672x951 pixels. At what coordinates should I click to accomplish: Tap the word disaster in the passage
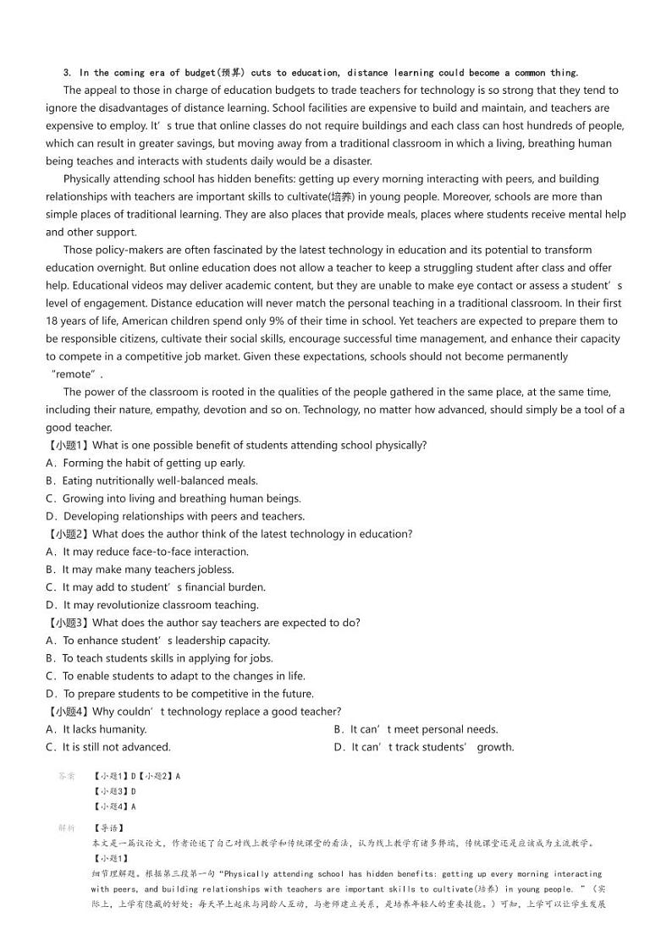350,161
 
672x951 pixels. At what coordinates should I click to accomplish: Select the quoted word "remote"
76,374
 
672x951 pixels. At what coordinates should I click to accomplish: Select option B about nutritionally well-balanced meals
152,481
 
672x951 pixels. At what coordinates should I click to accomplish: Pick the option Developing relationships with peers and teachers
175,516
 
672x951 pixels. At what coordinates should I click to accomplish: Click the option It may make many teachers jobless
140,569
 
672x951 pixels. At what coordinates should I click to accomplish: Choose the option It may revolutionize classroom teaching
152,605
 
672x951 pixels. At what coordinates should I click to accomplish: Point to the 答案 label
66,776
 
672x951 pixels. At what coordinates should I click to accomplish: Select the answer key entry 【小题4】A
113,806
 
